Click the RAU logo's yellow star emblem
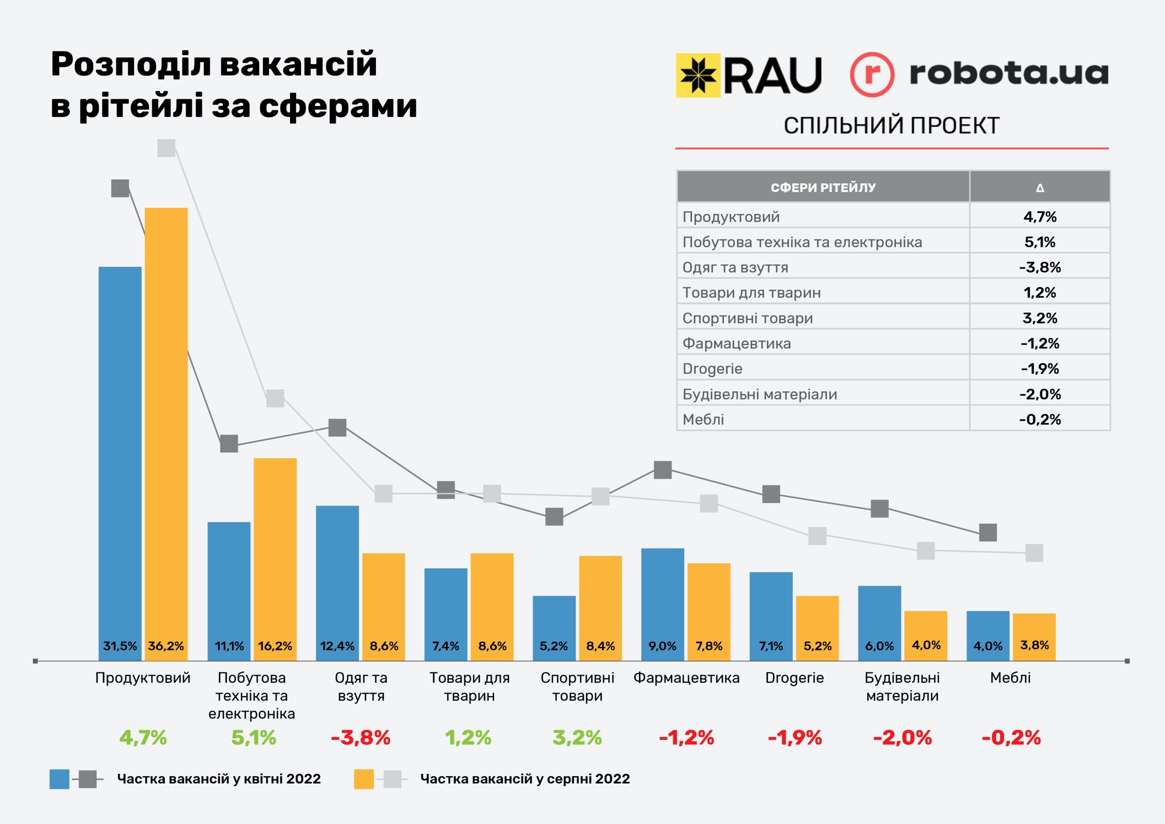point(698,75)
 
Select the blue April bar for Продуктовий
point(120,457)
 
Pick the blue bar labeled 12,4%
point(337,579)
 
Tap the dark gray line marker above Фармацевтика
point(663,470)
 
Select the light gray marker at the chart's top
point(167,148)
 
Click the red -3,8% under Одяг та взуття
point(361,738)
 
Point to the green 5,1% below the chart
point(253,738)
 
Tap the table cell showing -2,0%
point(1040,394)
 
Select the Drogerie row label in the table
point(712,369)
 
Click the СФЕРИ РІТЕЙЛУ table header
point(823,188)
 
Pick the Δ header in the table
point(1040,188)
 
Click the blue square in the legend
point(59,779)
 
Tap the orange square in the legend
point(364,779)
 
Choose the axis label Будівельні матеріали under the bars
point(902,687)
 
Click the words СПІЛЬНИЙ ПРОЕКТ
point(891,125)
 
